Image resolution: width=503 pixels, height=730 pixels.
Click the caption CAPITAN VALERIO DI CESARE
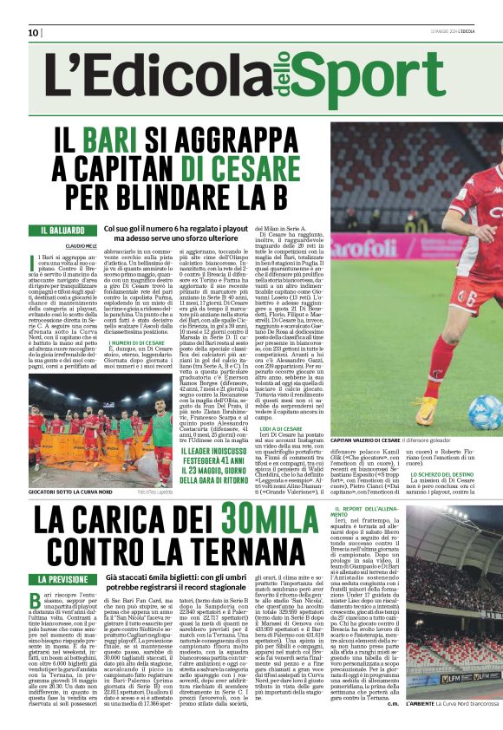369,441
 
